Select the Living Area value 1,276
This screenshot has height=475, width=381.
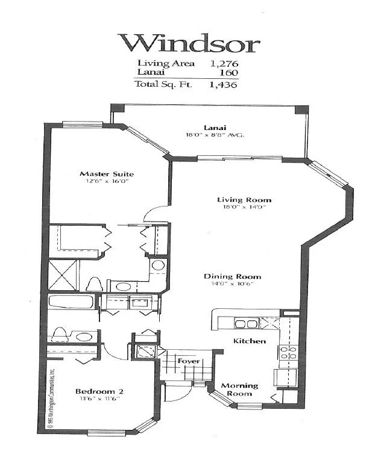pyautogui.click(x=223, y=63)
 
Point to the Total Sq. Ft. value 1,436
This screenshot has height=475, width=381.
pyautogui.click(x=223, y=85)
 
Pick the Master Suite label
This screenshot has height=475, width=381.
pyautogui.click(x=107, y=174)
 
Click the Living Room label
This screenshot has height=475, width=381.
pyautogui.click(x=244, y=200)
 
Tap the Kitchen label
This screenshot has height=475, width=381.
pyautogui.click(x=250, y=341)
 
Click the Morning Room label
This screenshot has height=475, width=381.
pyautogui.click(x=239, y=390)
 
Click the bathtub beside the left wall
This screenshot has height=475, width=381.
pyautogui.click(x=69, y=303)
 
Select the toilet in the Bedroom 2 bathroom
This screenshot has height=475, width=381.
pyautogui.click(x=61, y=335)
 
